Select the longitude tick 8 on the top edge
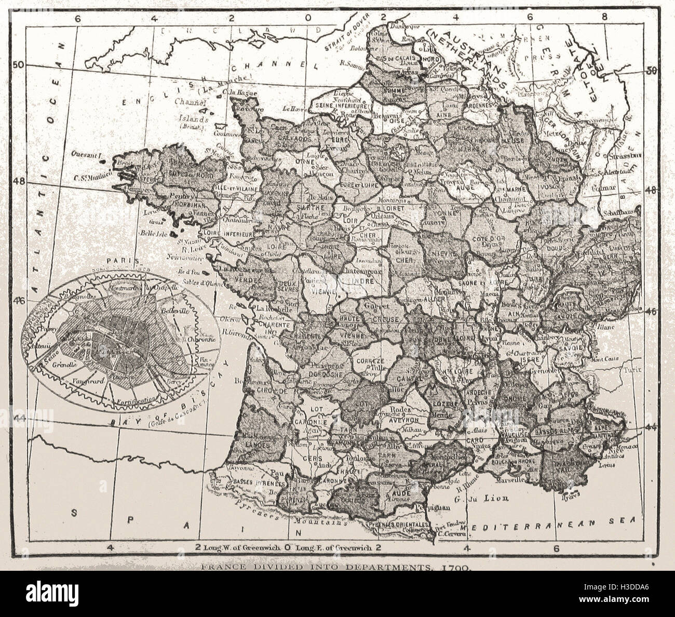604,16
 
